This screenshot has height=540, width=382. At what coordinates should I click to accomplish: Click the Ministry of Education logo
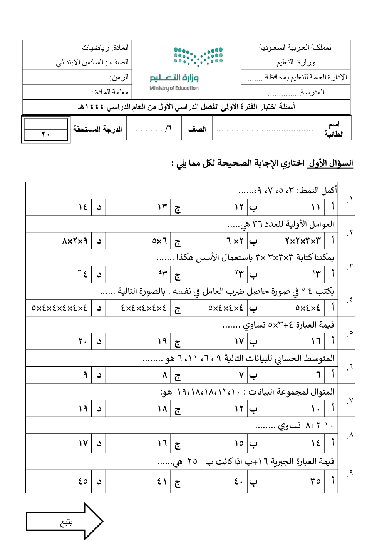(x=186, y=70)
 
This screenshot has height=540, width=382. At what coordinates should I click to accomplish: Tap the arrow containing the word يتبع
(x=64, y=522)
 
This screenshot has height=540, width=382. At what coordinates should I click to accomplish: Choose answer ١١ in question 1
(x=315, y=207)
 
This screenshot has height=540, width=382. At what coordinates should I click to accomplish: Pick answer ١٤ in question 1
(x=83, y=207)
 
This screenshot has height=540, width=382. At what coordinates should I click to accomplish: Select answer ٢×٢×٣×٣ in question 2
(x=303, y=241)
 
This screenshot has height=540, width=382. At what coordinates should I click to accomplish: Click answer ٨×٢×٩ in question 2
(x=75, y=241)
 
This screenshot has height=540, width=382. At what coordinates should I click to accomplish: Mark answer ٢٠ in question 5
(x=83, y=341)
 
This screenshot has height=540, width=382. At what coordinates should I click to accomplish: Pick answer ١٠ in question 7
(x=315, y=408)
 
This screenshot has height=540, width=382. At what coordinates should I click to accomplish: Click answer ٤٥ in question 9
(x=83, y=481)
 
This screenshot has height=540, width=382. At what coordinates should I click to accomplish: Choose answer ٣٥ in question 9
(x=315, y=481)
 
